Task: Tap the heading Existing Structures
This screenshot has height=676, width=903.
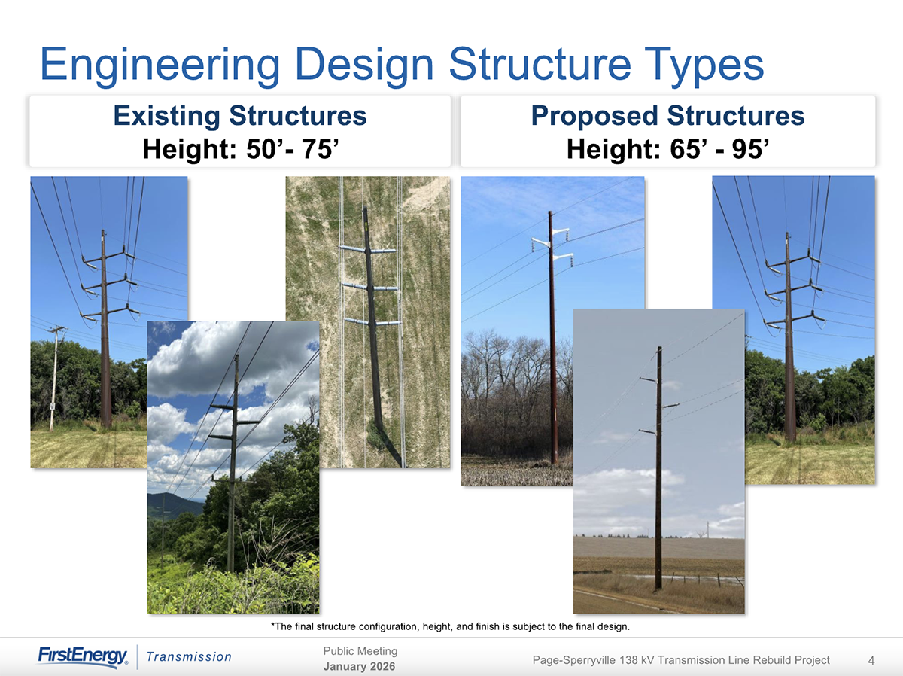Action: (x=240, y=116)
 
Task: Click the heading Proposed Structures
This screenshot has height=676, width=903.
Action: (x=667, y=115)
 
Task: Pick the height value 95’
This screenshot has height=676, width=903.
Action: (x=750, y=148)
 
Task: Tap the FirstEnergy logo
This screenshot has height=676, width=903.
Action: (x=83, y=656)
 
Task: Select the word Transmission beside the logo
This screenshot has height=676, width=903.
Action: (x=189, y=657)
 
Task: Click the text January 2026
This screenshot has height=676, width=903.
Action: (x=359, y=666)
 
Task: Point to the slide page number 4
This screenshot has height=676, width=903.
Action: (x=871, y=661)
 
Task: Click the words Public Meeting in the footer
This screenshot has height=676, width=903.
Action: (x=360, y=651)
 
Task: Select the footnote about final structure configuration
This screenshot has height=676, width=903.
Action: (x=450, y=626)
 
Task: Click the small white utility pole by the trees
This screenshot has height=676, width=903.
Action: (x=54, y=379)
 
